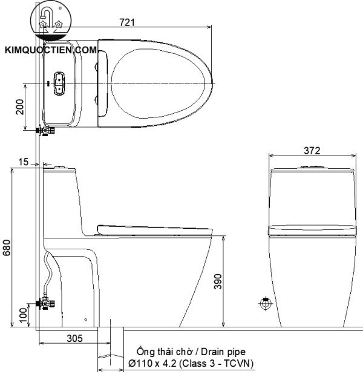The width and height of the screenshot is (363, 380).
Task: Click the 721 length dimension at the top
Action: pyautogui.click(x=126, y=22)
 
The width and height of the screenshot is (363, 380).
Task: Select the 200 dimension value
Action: pyautogui.click(x=20, y=106)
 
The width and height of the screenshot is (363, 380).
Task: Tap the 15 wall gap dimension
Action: pyautogui.click(x=23, y=162)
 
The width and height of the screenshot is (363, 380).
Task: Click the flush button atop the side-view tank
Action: pyautogui.click(x=58, y=166)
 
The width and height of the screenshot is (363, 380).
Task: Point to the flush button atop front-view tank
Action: pyautogui.click(x=310, y=166)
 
